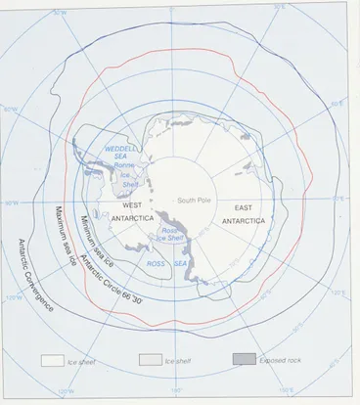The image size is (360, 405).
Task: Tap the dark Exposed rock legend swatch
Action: coord(245,359)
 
